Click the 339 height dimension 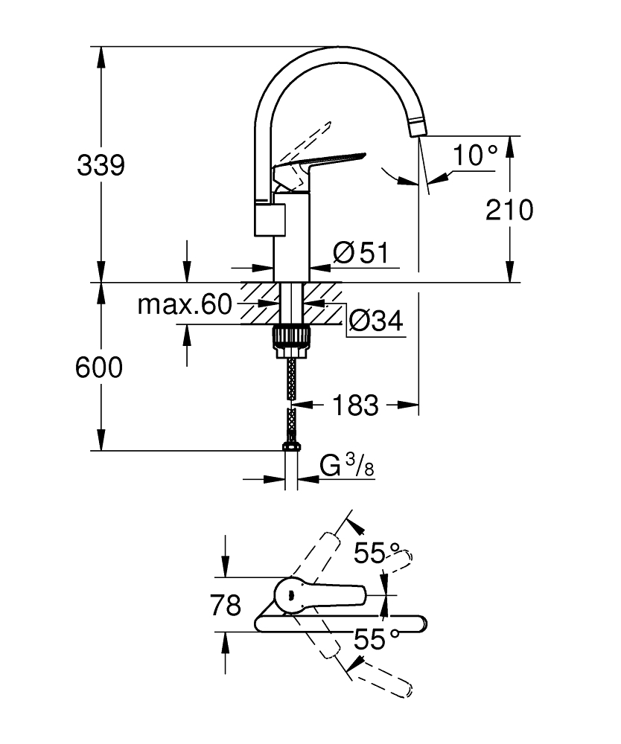[101, 166]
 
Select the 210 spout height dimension [509, 211]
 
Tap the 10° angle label [474, 155]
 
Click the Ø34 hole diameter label [375, 321]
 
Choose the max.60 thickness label [185, 304]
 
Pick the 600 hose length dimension [98, 367]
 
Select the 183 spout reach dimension [355, 405]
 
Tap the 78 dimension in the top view [225, 606]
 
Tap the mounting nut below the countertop [291, 336]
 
